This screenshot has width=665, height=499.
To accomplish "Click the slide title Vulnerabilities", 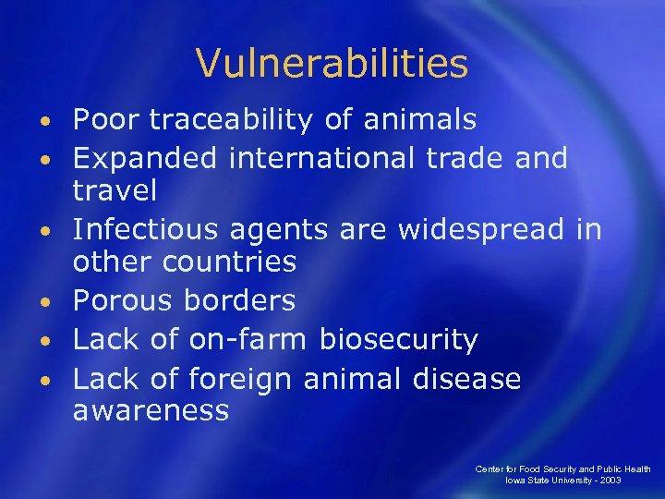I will [x=332, y=64].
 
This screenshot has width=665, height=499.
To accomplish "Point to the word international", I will [x=324, y=158].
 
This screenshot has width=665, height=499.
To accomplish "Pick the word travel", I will [x=115, y=191].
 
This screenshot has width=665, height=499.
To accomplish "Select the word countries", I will [x=230, y=262].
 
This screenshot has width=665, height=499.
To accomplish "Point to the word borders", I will [x=240, y=300].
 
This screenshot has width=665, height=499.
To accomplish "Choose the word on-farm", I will [x=247, y=340].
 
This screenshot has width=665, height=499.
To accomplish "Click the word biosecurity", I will [x=398, y=340].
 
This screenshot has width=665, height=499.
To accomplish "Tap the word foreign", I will [x=244, y=379].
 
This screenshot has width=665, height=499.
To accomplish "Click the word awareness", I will [x=151, y=410].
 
